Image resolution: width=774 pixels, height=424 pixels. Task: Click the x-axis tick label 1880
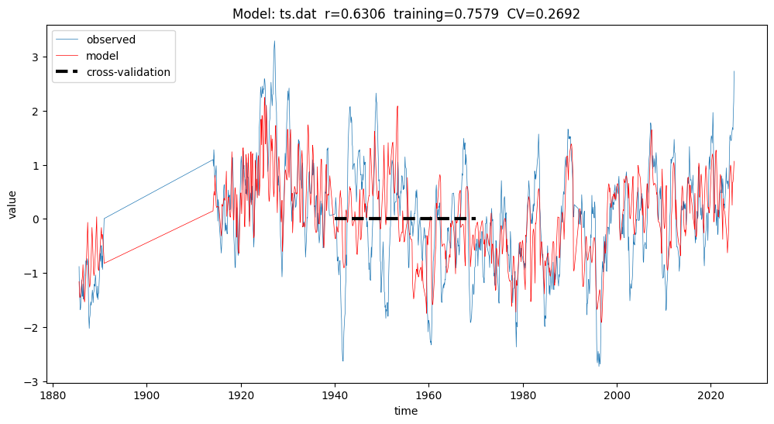[53, 394]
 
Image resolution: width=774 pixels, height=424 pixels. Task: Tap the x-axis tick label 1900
[146, 394]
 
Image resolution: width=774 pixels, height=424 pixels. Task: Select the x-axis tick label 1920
[241, 394]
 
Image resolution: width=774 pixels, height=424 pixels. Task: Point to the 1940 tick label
[335, 394]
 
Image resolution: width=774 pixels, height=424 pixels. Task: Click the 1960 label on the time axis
[429, 394]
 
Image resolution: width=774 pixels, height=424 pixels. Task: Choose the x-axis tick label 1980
[523, 394]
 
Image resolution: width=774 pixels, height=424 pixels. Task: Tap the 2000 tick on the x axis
[617, 394]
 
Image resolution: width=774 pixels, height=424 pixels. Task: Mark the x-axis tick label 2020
[711, 394]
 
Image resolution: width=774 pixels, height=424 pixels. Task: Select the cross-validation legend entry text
[128, 73]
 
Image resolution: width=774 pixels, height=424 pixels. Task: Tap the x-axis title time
[406, 411]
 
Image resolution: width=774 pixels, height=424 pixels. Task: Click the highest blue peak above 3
[274, 41]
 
